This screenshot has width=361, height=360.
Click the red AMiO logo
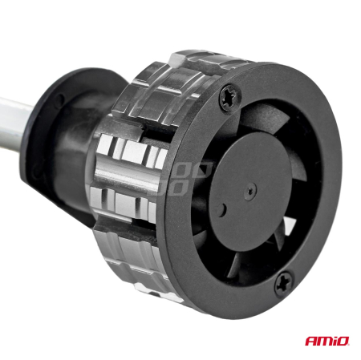[327, 342]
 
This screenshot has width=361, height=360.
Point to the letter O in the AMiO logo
[343, 342]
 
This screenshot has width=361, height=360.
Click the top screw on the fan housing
[228, 97]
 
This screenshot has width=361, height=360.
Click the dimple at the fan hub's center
[251, 190]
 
